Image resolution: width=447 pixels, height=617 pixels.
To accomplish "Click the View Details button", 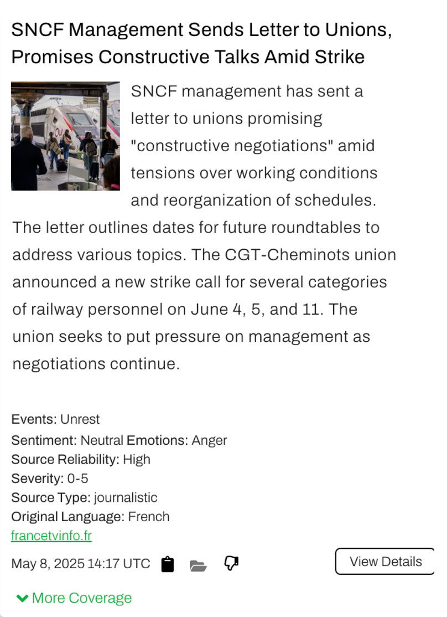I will [385, 562].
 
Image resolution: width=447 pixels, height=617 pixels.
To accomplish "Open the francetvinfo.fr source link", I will [51, 536].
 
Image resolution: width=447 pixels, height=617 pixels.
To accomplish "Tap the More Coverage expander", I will [74, 598].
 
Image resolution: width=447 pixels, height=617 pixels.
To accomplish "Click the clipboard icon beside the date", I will [167, 564].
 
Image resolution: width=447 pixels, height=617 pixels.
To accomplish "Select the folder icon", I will [198, 565].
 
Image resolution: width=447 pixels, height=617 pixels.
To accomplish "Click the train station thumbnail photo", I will [65, 136].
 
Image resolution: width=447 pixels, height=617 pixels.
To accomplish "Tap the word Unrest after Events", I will [80, 419].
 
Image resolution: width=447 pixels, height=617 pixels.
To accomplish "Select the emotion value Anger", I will [210, 440].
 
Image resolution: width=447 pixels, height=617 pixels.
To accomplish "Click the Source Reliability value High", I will [137, 459].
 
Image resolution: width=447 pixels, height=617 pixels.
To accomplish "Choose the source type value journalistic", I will [126, 497].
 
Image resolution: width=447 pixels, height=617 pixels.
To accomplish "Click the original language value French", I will [149, 517].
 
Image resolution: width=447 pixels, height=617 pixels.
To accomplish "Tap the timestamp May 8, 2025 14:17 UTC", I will [81, 564].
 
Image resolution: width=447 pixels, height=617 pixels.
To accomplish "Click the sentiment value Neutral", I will [102, 440].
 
